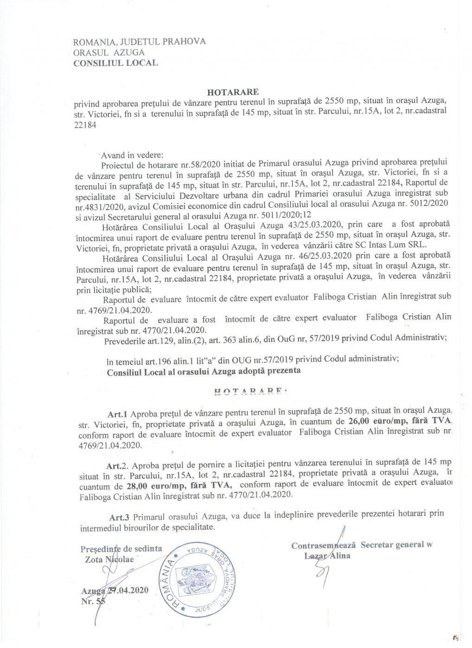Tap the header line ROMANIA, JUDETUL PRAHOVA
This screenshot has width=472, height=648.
click(140, 42)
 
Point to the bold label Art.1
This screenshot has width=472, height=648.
click(118, 411)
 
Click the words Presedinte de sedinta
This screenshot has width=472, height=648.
click(121, 549)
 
